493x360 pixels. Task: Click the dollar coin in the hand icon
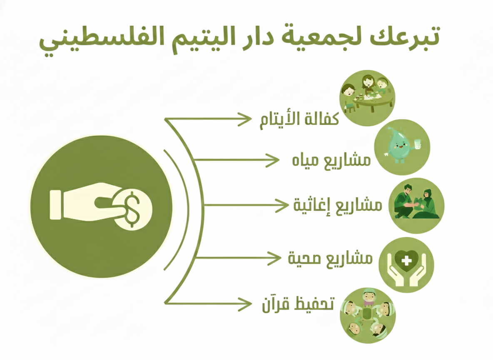click(132, 209)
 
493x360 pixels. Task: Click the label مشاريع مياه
click(331, 160)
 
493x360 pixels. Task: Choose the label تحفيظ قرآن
click(298, 304)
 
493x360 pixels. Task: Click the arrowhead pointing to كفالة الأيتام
click(244, 119)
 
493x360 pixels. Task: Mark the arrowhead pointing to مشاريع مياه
click(272, 160)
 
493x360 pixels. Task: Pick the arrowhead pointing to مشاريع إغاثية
click(282, 205)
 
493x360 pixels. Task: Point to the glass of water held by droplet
click(418, 145)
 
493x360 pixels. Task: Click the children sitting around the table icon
click(367, 98)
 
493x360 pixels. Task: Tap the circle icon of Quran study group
click(368, 315)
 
